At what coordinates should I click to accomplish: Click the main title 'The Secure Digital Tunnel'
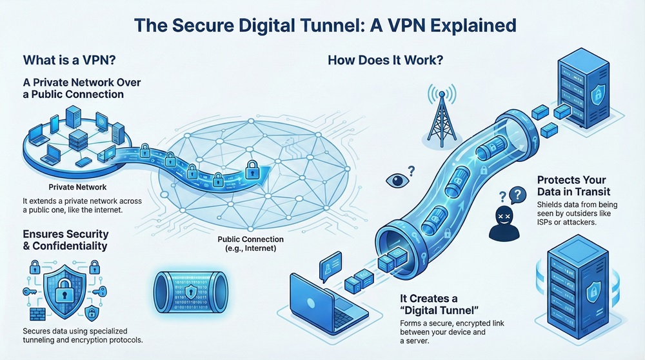click(x=322, y=26)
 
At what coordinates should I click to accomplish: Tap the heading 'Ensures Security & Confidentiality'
click(x=66, y=239)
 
